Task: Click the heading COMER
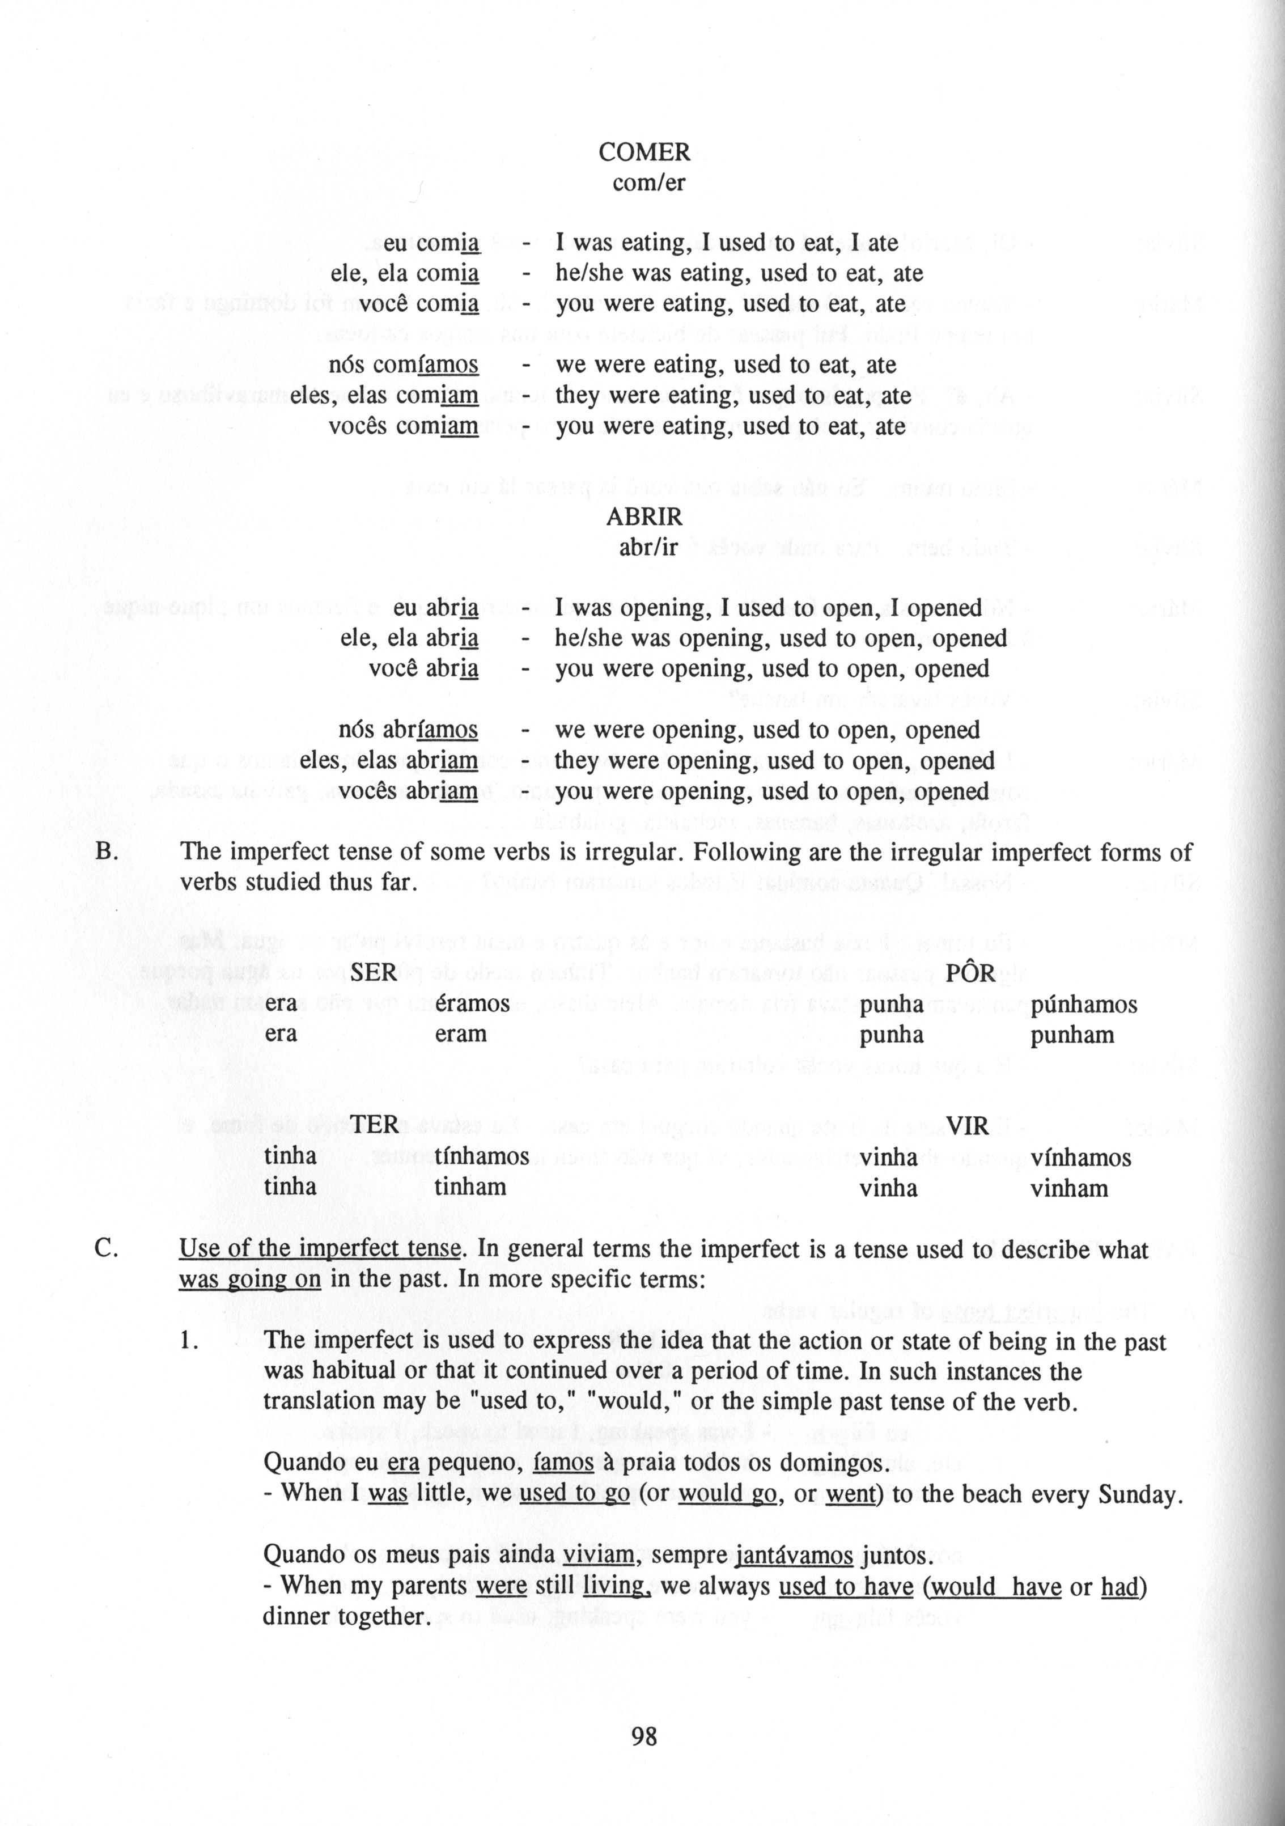point(644,151)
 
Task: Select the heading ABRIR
point(644,517)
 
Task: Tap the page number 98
point(644,1737)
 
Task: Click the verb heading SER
point(374,973)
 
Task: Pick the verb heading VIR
point(968,1125)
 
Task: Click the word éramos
point(472,1003)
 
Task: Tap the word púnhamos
point(1084,1005)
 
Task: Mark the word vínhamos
point(1080,1157)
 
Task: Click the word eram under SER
point(460,1034)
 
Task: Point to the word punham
point(1072,1035)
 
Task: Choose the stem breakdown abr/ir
point(648,548)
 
